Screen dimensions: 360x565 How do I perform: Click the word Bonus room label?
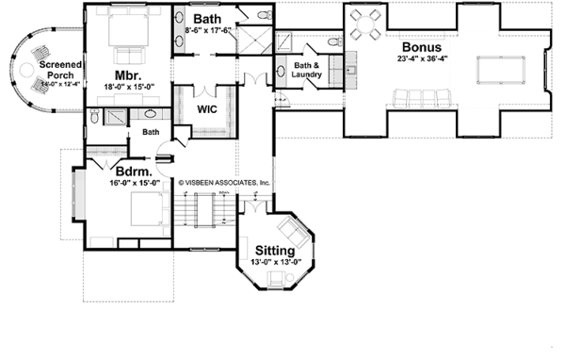(x=422, y=46)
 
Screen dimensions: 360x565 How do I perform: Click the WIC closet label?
(x=208, y=108)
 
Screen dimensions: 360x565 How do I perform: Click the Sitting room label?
(x=275, y=251)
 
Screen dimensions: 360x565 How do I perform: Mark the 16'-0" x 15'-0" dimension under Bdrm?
(x=131, y=184)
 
